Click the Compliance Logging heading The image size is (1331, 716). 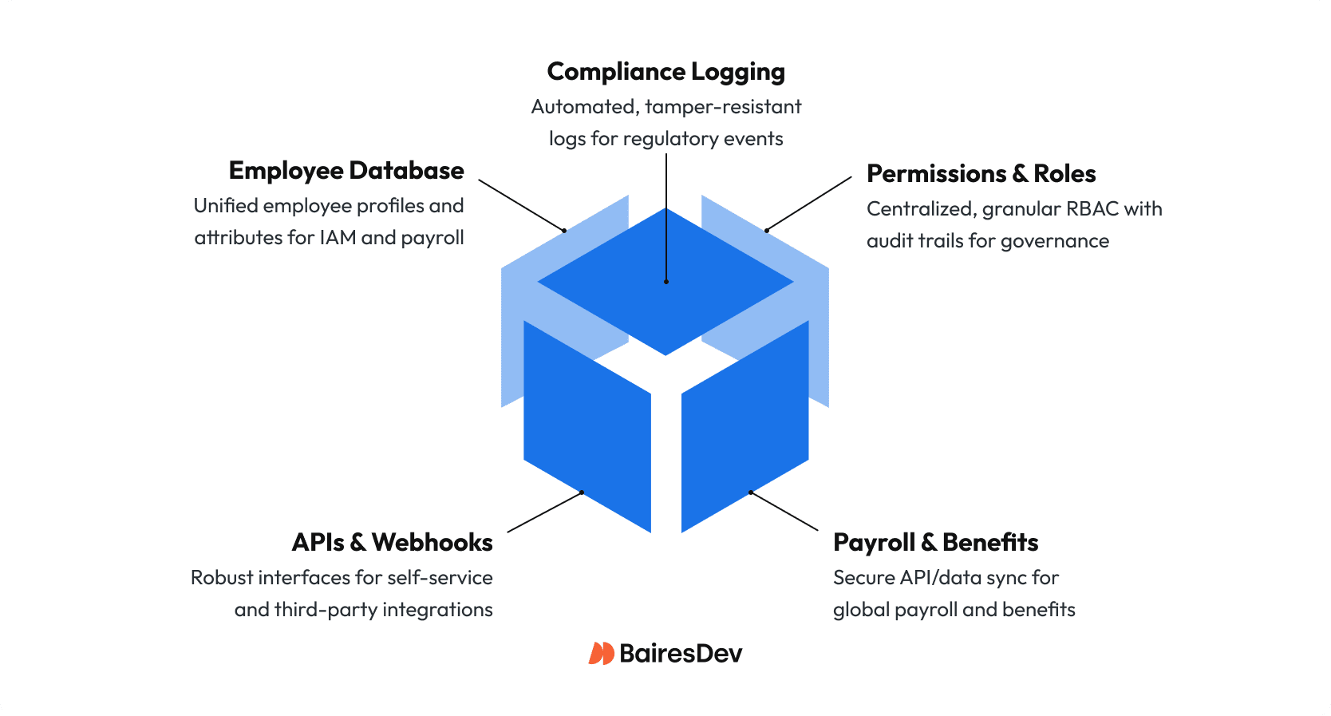665,72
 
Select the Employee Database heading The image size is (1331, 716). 346,171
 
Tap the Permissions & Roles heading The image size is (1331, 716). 981,174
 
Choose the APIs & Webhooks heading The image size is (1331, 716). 392,543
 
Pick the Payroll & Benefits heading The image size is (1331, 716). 935,543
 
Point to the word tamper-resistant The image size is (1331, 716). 723,107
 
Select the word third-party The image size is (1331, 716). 326,610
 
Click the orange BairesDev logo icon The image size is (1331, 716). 601,654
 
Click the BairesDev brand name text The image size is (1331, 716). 680,654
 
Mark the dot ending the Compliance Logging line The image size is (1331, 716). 665,282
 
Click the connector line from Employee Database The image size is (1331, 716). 520,205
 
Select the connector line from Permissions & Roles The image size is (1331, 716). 809,204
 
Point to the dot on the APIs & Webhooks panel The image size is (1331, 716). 582,492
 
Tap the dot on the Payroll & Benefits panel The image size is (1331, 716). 750,492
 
